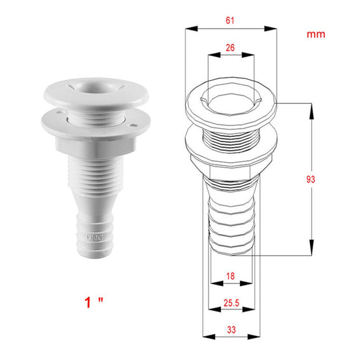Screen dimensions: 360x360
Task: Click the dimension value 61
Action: tap(230, 20)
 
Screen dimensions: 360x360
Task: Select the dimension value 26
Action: tap(230, 47)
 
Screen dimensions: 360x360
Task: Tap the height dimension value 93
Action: tap(311, 179)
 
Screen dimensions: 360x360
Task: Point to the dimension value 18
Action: tap(230, 276)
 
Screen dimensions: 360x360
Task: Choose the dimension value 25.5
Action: tap(231, 303)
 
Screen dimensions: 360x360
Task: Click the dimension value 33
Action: tap(231, 330)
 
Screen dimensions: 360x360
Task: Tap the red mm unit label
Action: tap(316, 34)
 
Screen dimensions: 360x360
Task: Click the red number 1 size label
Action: tap(88, 302)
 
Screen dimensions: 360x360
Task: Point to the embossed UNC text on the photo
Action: tap(95, 238)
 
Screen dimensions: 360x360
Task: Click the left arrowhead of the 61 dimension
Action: tap(191, 29)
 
